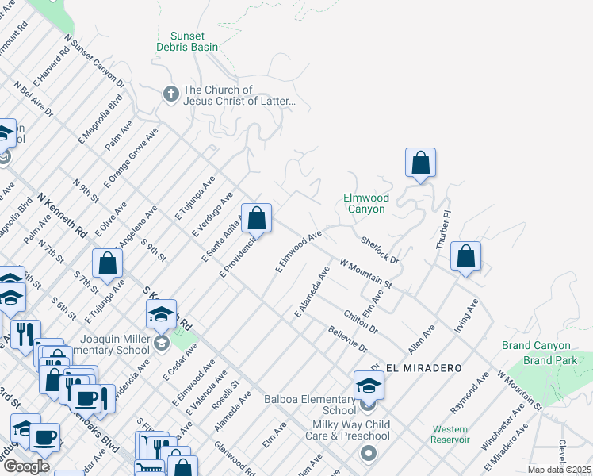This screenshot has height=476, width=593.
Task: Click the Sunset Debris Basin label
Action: (x=188, y=42)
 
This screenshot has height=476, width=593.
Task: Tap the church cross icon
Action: (x=170, y=95)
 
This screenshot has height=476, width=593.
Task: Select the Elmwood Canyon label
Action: (x=365, y=203)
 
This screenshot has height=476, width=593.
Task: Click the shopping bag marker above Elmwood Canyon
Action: (x=420, y=163)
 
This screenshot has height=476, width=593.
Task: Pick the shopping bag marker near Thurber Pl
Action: (x=466, y=256)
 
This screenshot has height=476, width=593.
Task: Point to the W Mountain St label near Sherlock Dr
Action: (x=365, y=272)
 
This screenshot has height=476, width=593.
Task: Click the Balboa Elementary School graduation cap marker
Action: (x=369, y=386)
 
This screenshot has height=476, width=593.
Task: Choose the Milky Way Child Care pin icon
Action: (x=368, y=455)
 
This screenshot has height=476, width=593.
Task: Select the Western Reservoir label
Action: (x=450, y=434)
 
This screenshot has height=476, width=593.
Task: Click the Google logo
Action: (x=26, y=466)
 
